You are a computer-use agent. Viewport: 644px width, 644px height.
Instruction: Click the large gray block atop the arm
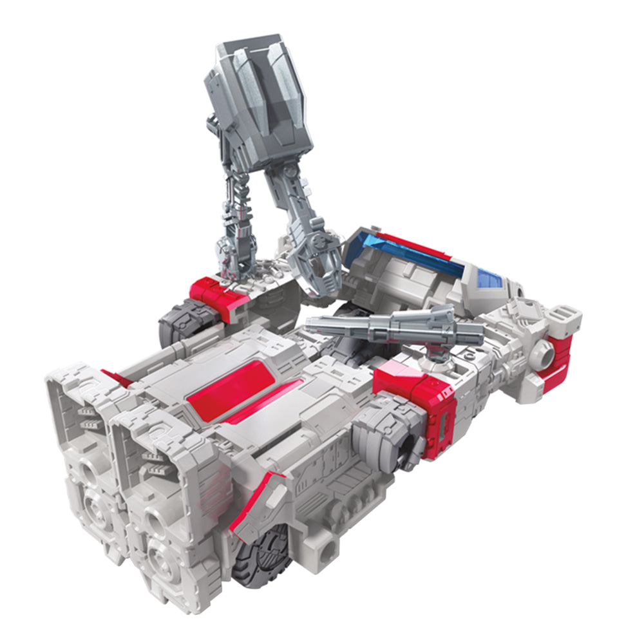point(258,97)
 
